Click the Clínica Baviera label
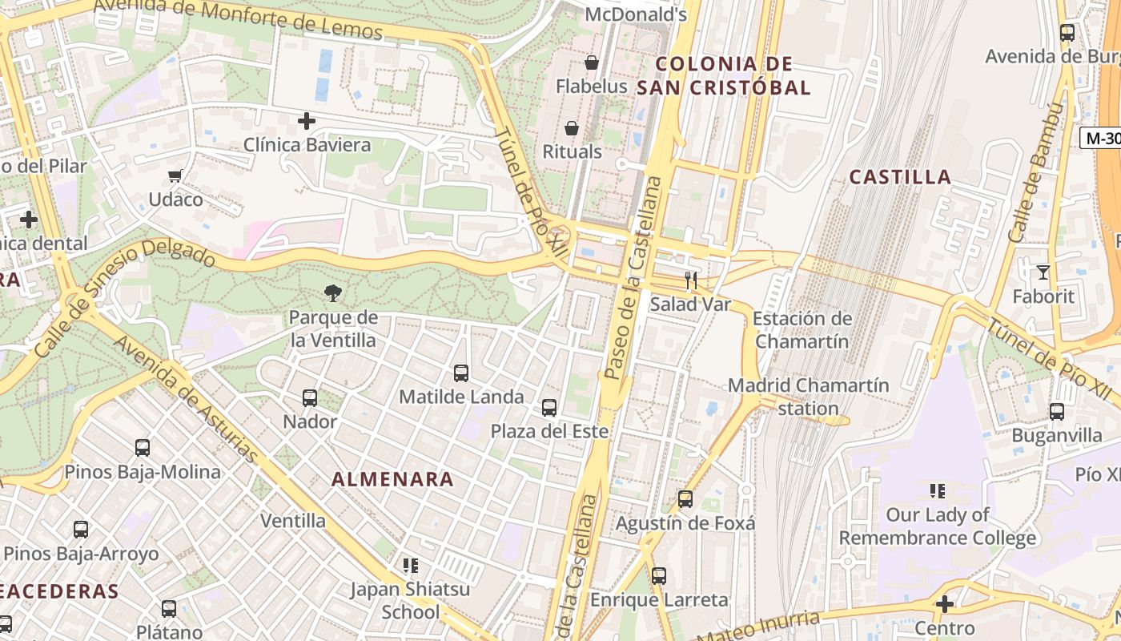[307, 145]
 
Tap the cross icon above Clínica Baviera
[306, 122]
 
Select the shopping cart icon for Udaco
[175, 175]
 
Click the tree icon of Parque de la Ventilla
[333, 293]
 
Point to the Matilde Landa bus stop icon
[461, 373]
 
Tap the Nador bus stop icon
[310, 397]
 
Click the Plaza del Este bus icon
[549, 408]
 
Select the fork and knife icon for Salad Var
[691, 280]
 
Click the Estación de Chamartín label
[802, 329]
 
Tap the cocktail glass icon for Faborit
[1043, 272]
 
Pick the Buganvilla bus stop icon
[1057, 412]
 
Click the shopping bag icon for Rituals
[572, 128]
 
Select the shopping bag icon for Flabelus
[592, 62]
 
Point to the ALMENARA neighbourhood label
[392, 480]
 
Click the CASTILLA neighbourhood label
[900, 177]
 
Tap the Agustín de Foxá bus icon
[685, 499]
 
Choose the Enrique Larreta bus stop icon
[659, 575]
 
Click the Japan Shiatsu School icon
[411, 566]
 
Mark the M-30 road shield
[1101, 138]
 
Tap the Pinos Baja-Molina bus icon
[143, 448]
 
